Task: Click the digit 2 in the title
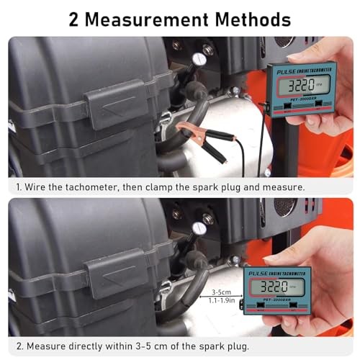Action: [x=75, y=19]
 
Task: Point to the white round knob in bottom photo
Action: [x=198, y=228]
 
